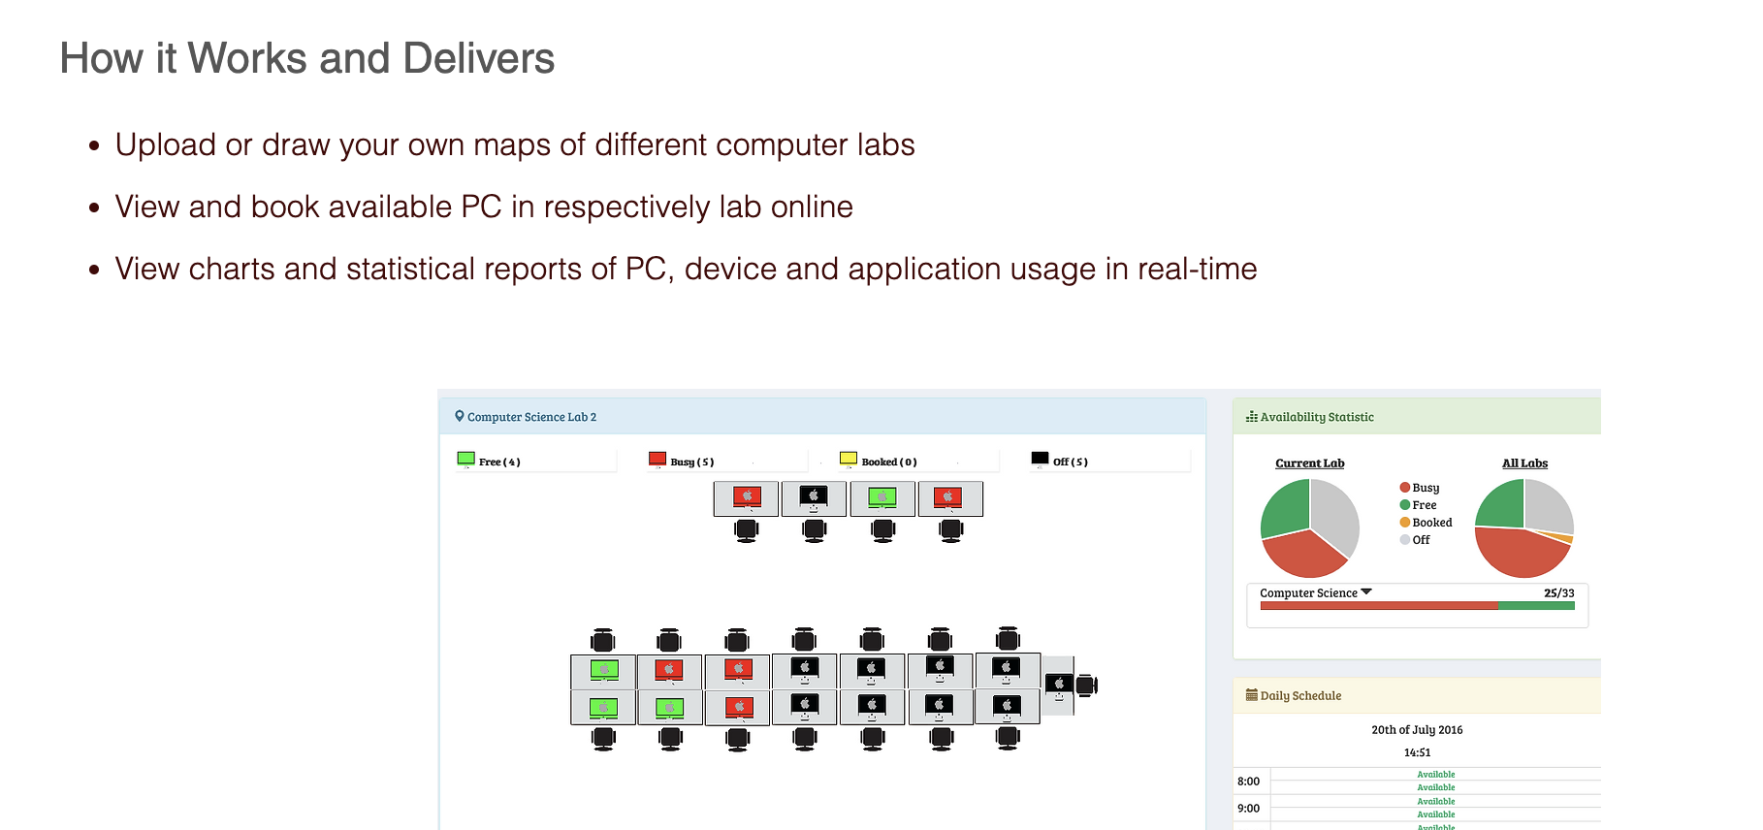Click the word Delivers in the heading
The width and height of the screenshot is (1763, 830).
(478, 59)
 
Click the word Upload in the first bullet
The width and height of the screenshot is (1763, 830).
(166, 145)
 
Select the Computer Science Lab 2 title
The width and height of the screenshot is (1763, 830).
(531, 417)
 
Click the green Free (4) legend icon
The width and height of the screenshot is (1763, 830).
(466, 459)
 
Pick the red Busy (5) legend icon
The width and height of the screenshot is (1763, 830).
(657, 459)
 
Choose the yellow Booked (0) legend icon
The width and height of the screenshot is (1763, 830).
(849, 459)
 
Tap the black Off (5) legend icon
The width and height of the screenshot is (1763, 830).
(1040, 459)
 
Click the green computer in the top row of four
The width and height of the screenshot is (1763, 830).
(881, 497)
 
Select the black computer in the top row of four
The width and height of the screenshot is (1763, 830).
(814, 497)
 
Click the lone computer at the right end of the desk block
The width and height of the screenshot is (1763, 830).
(1059, 685)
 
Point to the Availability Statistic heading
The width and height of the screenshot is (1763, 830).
(1316, 417)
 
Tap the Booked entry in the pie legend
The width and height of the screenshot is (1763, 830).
(1431, 523)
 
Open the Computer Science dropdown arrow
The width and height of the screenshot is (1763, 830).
(1366, 591)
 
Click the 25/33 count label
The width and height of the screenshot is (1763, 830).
(1558, 593)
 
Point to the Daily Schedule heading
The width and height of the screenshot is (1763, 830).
(1300, 696)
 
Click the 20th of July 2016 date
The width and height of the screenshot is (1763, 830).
(1417, 730)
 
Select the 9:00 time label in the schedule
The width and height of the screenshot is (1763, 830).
(1248, 809)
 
